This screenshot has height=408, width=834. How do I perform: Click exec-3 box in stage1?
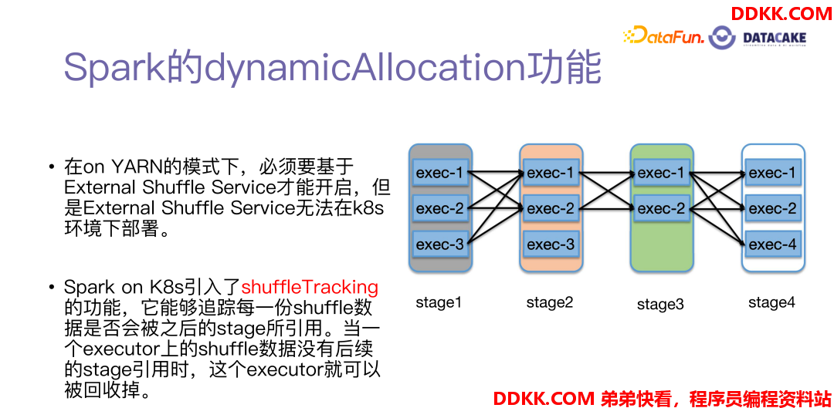coord(440,244)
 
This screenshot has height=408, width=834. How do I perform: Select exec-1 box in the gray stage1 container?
coord(440,173)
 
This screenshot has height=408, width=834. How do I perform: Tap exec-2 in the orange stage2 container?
coord(551,208)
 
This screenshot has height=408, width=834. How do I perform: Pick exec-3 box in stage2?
coord(551,244)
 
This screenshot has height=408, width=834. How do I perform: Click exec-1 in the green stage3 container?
coord(662,173)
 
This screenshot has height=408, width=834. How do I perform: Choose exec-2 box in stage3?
coord(662,208)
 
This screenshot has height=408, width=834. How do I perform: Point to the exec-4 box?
coord(772,244)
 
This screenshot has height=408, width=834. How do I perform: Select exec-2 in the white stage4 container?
coord(772,208)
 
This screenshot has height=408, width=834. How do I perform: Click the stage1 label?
coord(439,303)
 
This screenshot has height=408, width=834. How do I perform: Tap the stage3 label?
coord(660,305)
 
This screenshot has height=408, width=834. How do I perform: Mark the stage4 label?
coord(771,303)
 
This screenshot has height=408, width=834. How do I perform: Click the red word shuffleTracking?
coord(310,288)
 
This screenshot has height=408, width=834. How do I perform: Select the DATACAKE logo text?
coord(775,39)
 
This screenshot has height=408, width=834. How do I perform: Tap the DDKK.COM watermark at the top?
coord(781,14)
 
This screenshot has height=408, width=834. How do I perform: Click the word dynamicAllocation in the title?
coord(371,68)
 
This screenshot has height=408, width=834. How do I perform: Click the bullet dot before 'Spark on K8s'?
coord(52,288)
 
